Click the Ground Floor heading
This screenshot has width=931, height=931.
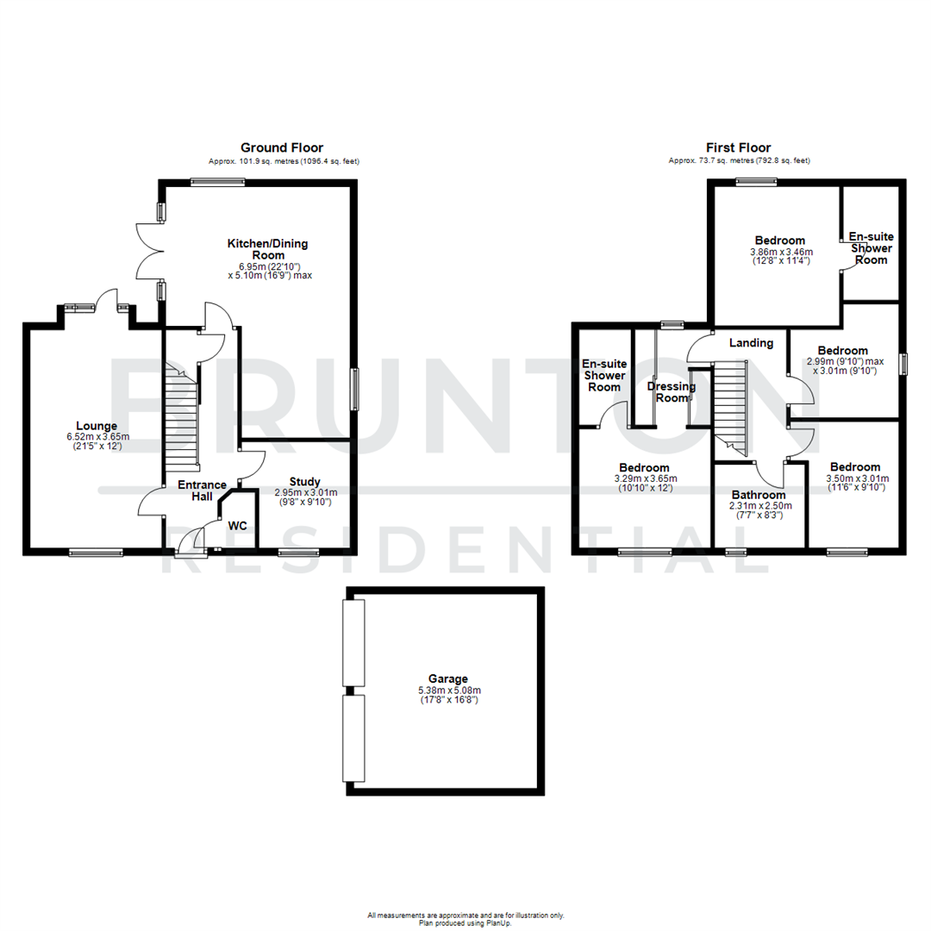click(282, 148)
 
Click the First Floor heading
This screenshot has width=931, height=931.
click(739, 148)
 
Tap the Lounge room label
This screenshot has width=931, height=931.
click(96, 426)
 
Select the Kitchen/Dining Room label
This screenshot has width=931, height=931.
click(267, 250)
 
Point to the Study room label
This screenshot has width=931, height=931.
click(305, 482)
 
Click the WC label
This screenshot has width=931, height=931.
click(237, 525)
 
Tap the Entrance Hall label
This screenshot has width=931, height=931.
click(202, 490)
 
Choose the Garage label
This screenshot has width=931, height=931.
click(445, 679)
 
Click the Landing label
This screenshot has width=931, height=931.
click(751, 343)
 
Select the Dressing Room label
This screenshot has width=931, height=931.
click(672, 392)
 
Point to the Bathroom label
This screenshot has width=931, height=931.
click(759, 496)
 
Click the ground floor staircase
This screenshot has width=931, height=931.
click(182, 414)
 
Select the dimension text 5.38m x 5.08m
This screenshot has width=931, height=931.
click(445, 690)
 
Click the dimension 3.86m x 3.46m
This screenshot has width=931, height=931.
click(780, 253)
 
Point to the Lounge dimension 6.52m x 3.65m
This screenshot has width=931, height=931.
click(96, 436)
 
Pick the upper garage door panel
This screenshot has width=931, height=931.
click(353, 642)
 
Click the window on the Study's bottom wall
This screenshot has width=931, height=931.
click(299, 553)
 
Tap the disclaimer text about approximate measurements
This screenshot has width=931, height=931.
click(465, 915)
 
